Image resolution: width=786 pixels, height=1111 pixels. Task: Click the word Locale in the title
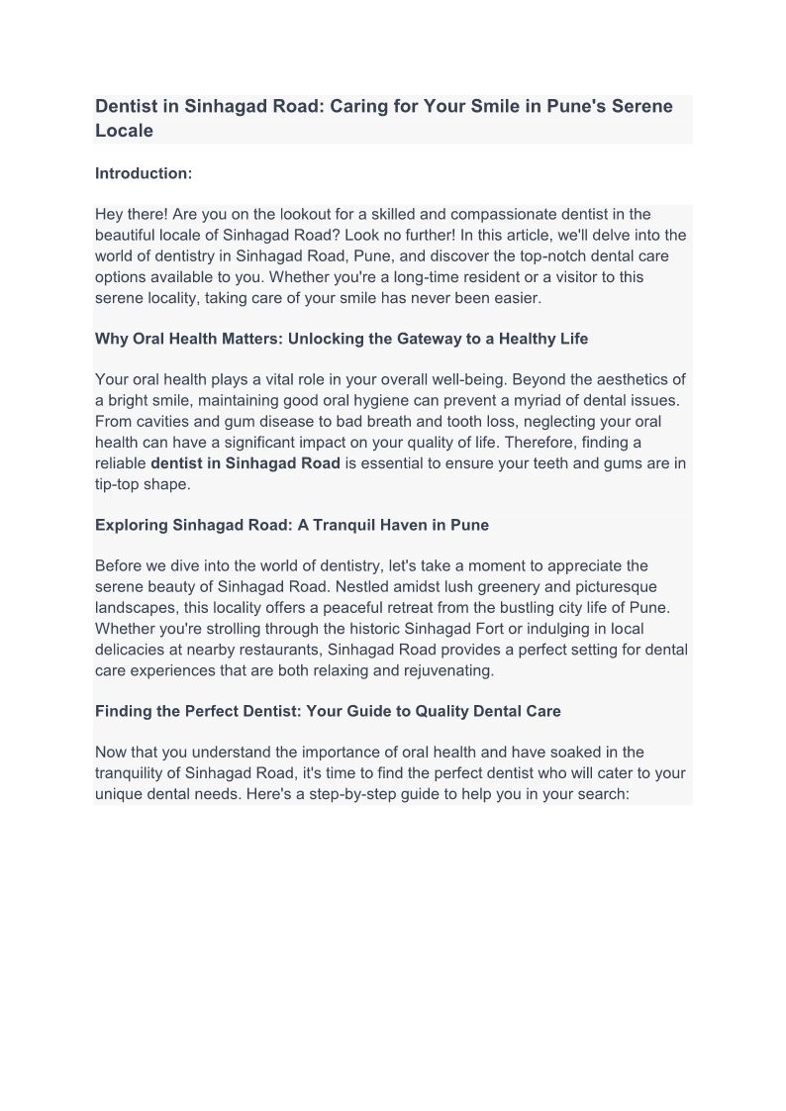[x=124, y=131]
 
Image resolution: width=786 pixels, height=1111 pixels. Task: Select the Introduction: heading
[x=143, y=173]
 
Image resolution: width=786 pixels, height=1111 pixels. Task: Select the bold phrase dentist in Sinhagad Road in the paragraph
[x=246, y=463]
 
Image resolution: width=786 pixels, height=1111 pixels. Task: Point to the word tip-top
[x=120, y=484]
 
